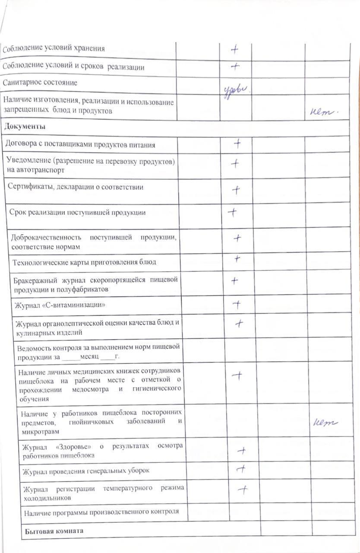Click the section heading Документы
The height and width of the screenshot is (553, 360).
(x=25, y=127)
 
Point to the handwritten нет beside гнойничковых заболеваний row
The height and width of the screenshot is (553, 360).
(x=325, y=423)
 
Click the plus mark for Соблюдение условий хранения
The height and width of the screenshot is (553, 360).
(x=234, y=49)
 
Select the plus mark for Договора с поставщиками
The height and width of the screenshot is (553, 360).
(x=237, y=144)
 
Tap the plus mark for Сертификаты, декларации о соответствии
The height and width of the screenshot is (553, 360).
(x=236, y=189)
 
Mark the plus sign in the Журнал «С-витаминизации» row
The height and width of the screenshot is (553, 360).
(x=237, y=305)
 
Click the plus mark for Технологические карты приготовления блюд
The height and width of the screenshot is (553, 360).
(x=237, y=259)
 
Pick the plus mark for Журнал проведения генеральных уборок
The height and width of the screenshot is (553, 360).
(x=242, y=468)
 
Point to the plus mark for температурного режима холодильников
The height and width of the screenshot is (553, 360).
(x=243, y=489)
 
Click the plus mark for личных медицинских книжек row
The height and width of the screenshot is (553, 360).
(x=237, y=375)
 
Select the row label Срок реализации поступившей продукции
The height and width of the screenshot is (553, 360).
(x=78, y=213)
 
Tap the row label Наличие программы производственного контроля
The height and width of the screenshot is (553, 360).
(x=101, y=512)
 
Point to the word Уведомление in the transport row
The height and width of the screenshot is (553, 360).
(x=27, y=161)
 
